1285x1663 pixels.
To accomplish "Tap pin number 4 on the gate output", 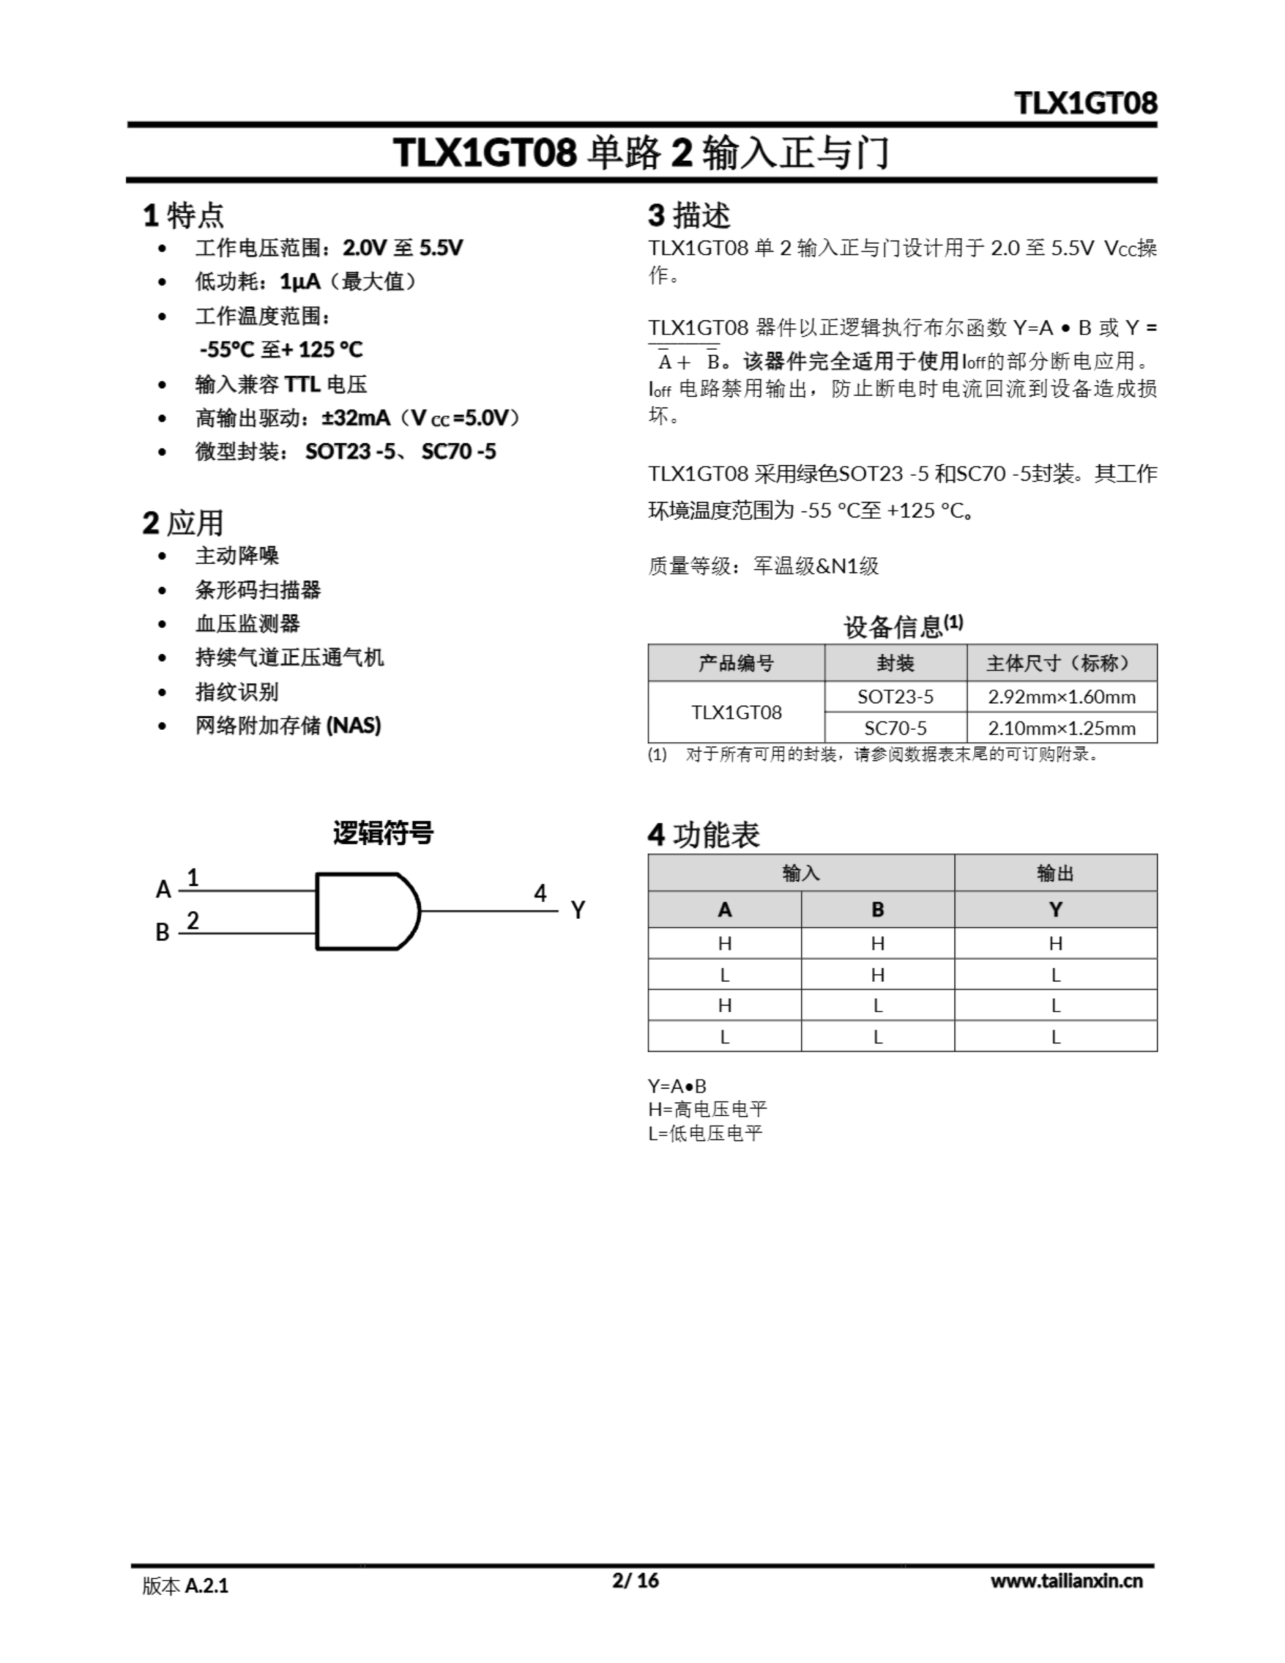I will (x=540, y=893).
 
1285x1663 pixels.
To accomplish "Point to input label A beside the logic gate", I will (x=163, y=889).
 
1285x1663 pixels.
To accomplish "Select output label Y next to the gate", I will (x=578, y=910).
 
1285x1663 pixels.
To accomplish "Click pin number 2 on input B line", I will (x=193, y=920).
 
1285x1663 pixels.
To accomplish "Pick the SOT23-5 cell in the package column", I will (x=895, y=697).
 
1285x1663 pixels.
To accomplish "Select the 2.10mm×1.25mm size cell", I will (x=1061, y=728).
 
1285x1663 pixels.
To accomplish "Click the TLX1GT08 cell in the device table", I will (x=736, y=712).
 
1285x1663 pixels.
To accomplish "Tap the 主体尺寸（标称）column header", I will (x=1061, y=663).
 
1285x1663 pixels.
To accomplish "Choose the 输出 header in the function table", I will (x=1055, y=872).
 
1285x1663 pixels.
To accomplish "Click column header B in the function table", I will (x=878, y=909).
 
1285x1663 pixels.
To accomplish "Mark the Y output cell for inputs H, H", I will (x=1055, y=943).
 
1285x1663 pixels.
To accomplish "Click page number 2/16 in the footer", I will (x=635, y=1580).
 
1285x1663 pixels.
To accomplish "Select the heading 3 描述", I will (x=689, y=216).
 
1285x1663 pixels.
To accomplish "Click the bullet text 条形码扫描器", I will (x=257, y=589).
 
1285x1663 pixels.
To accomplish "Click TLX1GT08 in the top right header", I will (x=1086, y=103).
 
